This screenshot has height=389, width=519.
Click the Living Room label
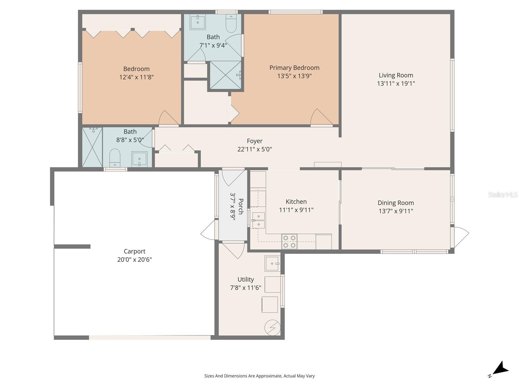[x=396, y=75]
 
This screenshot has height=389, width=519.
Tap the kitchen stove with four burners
[x=289, y=242]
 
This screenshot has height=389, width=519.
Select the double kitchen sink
[x=258, y=220]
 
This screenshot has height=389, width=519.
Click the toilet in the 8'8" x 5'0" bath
[x=115, y=157]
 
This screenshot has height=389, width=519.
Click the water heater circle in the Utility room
[x=272, y=328]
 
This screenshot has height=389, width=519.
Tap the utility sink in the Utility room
[x=272, y=263]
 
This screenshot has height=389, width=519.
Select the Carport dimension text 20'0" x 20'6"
[x=135, y=260]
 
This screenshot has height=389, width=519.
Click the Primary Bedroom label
[x=294, y=68]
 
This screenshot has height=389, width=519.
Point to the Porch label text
[x=240, y=206]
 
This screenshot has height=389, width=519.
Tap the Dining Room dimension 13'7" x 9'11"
[x=396, y=211]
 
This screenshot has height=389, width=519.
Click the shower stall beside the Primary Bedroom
[x=225, y=75]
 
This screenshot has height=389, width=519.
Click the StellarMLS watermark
[x=502, y=194]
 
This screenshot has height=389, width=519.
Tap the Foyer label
[x=255, y=141]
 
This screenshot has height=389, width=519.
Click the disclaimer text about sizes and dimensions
[x=259, y=376]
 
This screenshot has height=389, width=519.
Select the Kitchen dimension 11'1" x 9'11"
[x=296, y=210]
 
